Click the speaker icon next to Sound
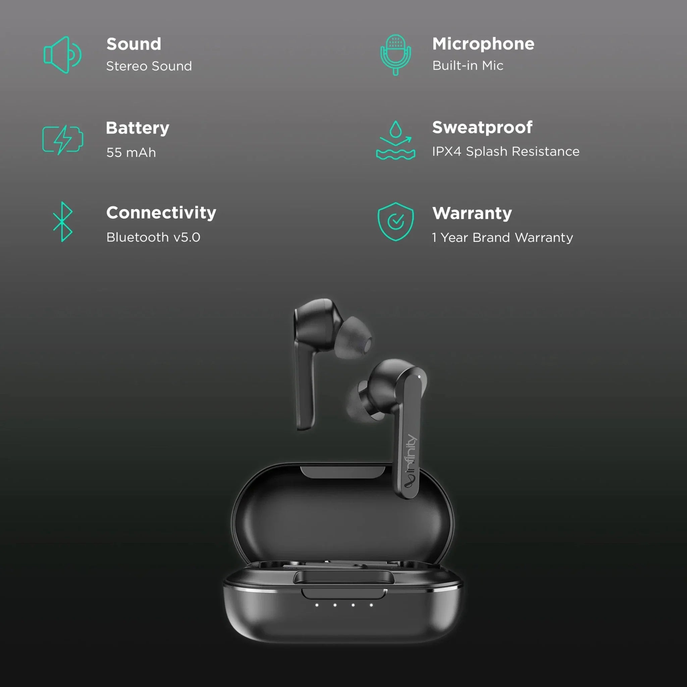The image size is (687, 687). (x=63, y=55)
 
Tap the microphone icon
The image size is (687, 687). (x=395, y=54)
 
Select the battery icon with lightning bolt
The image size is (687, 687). (x=63, y=140)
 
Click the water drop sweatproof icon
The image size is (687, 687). (x=395, y=140)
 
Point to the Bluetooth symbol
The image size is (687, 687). (x=63, y=222)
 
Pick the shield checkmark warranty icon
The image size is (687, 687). (x=395, y=222)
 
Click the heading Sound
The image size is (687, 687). (x=134, y=44)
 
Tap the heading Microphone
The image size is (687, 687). (x=483, y=44)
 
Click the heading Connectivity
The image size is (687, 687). (x=161, y=213)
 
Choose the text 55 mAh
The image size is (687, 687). (x=131, y=153)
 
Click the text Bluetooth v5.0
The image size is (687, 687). (x=153, y=237)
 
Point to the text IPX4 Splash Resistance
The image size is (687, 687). (x=506, y=152)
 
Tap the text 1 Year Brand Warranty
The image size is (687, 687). (x=502, y=237)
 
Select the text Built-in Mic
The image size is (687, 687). (x=468, y=65)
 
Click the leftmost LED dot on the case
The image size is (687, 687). (x=317, y=605)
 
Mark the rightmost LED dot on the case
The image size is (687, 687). (x=371, y=605)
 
